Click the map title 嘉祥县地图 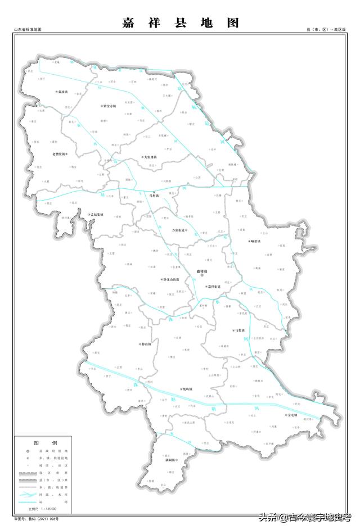coord(181,23)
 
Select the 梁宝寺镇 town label coord(109,105)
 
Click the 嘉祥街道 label coord(213,287)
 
